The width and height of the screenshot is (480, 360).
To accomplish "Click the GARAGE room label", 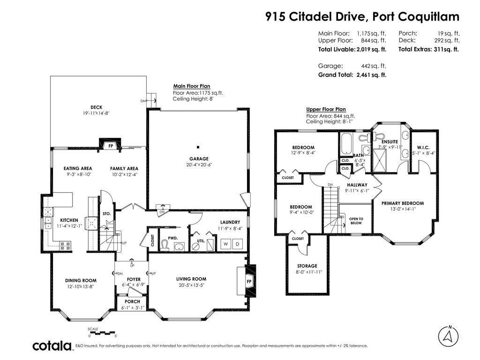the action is click(x=199, y=158).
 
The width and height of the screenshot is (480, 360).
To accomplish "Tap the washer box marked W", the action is click(x=226, y=244).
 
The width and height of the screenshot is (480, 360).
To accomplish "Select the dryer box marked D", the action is click(x=237, y=244).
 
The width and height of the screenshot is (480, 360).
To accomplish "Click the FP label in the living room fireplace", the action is click(x=249, y=281).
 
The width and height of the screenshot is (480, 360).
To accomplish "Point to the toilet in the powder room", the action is click(x=165, y=246).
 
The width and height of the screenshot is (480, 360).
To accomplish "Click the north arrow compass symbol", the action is click(x=448, y=336).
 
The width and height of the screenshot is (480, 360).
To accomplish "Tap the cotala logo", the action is click(x=52, y=346).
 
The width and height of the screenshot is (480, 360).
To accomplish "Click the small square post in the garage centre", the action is click(x=198, y=147).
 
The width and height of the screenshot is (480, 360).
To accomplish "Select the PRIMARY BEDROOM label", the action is click(x=403, y=203).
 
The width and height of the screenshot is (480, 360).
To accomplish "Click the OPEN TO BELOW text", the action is click(x=356, y=221).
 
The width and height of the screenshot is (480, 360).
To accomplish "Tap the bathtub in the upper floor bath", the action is click(x=347, y=143).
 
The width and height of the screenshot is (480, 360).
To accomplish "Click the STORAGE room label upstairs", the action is click(x=307, y=266).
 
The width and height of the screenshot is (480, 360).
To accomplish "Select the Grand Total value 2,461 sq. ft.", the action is click(x=371, y=75).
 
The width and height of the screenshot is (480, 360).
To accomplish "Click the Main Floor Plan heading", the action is click(x=192, y=86).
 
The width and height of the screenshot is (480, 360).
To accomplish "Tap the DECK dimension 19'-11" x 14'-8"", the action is click(x=96, y=113).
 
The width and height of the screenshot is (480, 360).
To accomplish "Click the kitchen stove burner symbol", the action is click(x=66, y=245).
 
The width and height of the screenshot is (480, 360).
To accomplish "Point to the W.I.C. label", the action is click(x=423, y=148).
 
